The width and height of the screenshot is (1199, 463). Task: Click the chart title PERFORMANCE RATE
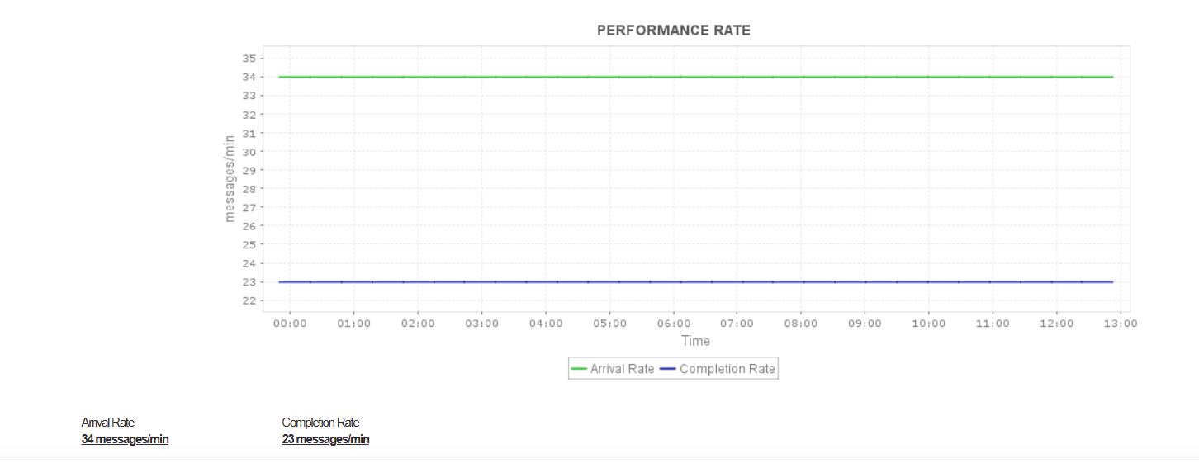coord(673,31)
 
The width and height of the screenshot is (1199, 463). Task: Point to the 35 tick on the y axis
coord(249,59)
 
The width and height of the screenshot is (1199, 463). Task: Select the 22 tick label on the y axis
coord(249,300)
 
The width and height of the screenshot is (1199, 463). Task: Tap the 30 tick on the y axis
coord(249,152)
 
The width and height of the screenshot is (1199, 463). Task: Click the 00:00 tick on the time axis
coord(290,324)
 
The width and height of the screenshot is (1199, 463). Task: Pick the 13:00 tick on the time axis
coord(1120,324)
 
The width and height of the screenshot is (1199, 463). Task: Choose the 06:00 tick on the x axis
coord(674,324)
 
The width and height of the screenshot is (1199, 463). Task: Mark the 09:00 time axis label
coord(865,324)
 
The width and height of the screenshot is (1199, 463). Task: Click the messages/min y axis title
coord(230,177)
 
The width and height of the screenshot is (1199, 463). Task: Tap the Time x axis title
coord(695,341)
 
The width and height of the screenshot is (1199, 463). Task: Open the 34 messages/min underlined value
coord(125,439)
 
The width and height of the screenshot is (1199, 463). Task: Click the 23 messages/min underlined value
coord(325,439)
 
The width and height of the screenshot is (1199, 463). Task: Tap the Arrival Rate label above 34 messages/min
coord(107,423)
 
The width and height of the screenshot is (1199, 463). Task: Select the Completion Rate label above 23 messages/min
coord(320,423)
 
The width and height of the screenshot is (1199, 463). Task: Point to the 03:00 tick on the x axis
coord(482,324)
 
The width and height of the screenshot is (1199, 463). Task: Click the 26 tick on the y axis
coord(249,226)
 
